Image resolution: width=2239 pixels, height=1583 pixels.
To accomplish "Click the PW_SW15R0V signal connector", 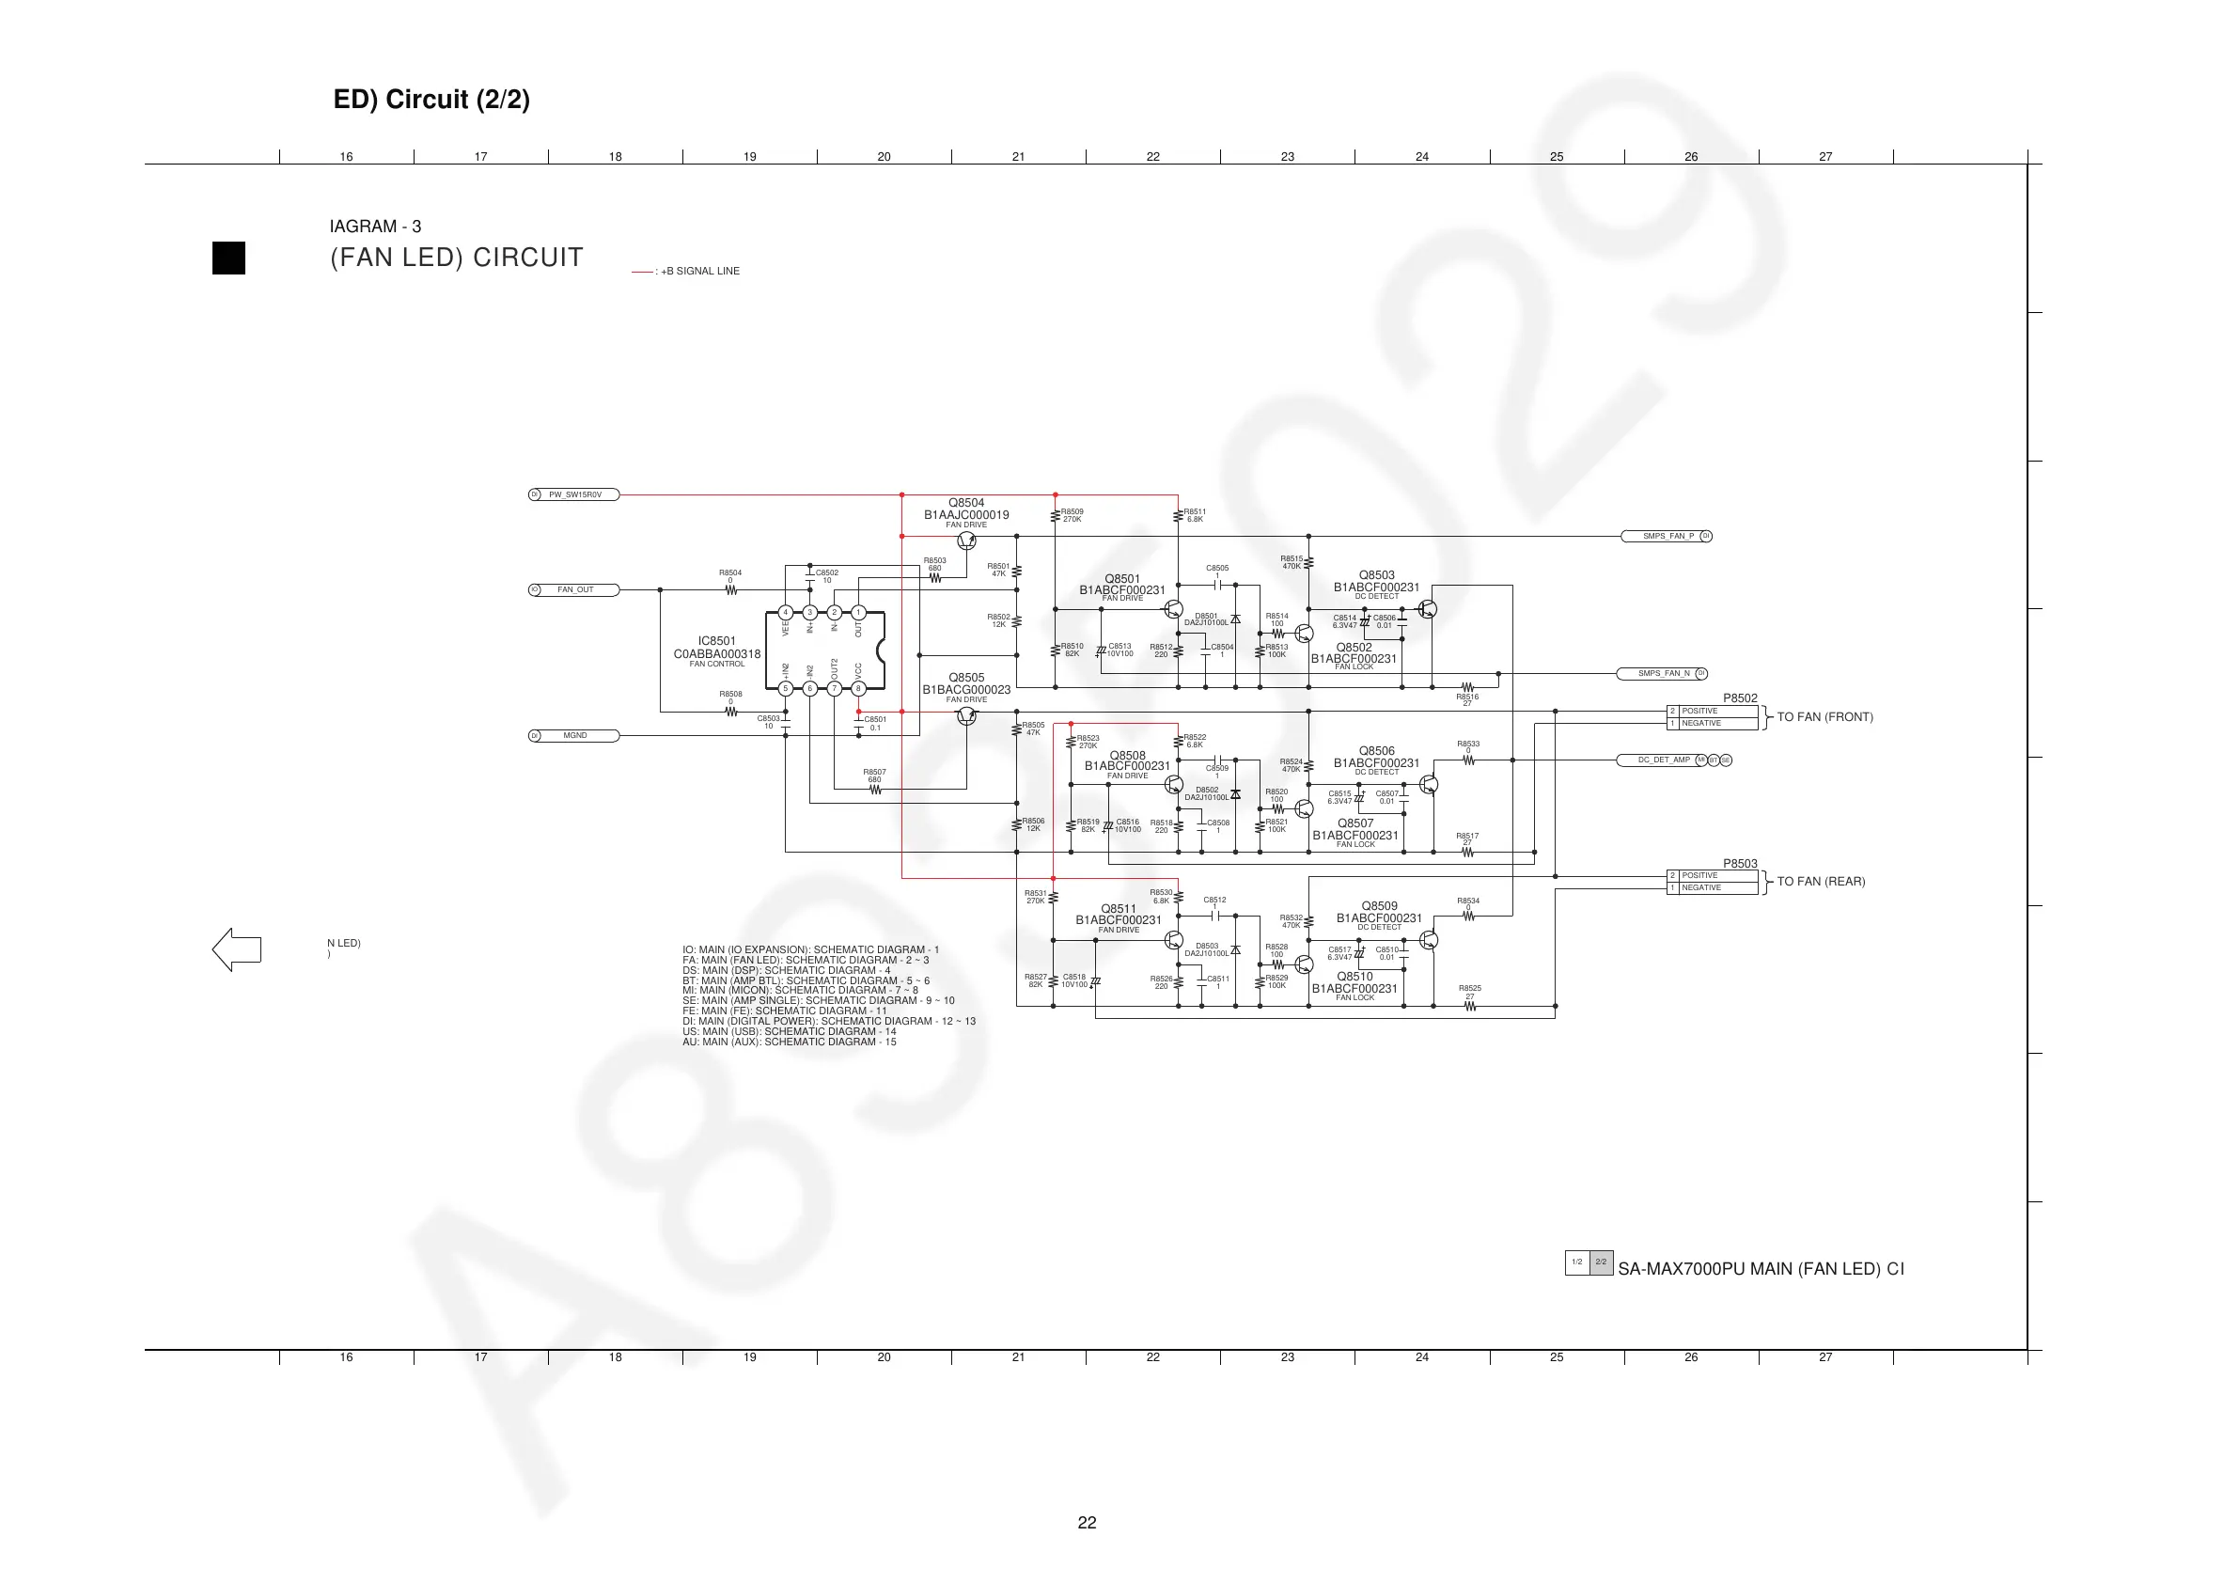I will pos(574,494).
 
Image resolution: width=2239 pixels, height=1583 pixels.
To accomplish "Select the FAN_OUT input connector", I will pos(574,590).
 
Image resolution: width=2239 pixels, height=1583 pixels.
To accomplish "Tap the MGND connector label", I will pos(574,735).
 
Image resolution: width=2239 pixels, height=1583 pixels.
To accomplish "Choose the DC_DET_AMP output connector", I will pos(1663,760).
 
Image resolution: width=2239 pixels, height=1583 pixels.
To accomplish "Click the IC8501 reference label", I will pos(717,641).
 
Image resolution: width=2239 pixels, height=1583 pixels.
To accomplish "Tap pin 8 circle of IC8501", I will pos(858,689).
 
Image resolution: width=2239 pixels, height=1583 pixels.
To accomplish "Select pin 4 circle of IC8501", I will pos(785,614).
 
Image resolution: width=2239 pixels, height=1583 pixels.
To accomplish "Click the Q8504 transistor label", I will pos(966,503).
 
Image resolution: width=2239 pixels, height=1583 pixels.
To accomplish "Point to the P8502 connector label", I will pos(1740,698).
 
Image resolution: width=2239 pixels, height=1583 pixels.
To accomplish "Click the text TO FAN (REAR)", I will pos(1821,882).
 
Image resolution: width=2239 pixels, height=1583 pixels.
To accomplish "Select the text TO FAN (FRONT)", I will pos(1824,717).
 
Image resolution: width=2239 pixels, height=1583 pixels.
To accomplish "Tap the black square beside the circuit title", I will pos(229,259).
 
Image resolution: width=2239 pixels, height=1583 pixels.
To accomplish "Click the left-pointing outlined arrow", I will pos(237,949).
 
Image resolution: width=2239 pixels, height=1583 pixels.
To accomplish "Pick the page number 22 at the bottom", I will pos(1088,1523).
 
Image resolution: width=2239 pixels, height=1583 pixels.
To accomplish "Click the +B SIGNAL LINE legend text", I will pos(700,271).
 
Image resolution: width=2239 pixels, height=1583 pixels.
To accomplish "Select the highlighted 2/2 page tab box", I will pos(1602,1262).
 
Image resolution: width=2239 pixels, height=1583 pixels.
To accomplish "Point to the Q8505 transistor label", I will pos(966,678).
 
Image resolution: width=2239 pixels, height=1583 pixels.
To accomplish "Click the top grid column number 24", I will pos(1422,156).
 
